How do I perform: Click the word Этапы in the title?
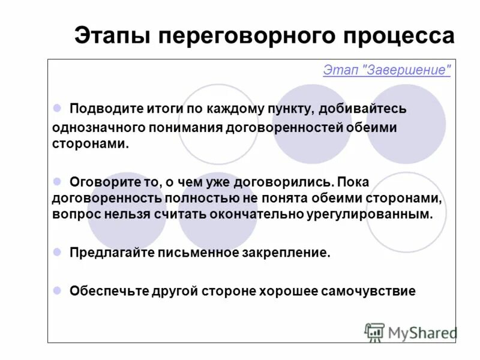point(112,35)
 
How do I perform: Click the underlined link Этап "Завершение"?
point(386,70)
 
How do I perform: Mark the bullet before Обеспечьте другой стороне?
point(58,290)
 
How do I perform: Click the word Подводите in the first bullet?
point(98,109)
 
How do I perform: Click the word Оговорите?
point(98,182)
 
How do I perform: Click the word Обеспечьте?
point(101,291)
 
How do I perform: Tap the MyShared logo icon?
point(374,332)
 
